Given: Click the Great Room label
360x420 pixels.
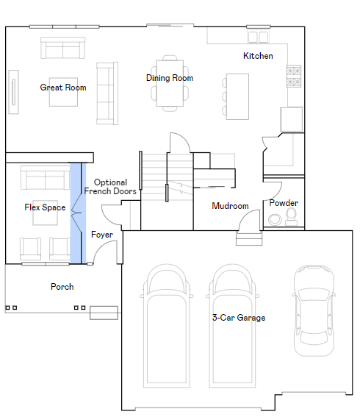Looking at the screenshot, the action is click(63, 88).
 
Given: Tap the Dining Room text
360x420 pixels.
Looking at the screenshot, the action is click(170, 78).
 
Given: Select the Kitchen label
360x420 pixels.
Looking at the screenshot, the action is click(258, 56).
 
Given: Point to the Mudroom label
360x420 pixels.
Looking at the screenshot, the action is click(230, 206).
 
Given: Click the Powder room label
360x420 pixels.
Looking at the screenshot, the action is click(284, 203).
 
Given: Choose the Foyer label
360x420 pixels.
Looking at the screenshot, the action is click(102, 235).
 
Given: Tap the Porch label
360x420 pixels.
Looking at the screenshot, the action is click(62, 287).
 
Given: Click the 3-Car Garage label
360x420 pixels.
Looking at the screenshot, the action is click(239, 318).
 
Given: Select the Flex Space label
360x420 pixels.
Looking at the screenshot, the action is click(45, 207).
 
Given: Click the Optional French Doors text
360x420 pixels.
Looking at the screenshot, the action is click(110, 187).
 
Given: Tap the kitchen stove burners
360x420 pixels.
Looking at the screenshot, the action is click(294, 76).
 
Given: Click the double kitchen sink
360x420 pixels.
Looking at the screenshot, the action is click(258, 37).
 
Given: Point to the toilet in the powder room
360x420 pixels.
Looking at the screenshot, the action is click(291, 217).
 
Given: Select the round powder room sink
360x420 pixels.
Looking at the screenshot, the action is click(275, 220).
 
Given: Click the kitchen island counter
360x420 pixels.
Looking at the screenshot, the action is click(237, 96).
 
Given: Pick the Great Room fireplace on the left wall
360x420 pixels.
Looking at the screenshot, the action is click(13, 92).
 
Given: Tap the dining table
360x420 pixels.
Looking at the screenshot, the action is click(170, 83).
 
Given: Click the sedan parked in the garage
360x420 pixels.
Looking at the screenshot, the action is click(314, 310).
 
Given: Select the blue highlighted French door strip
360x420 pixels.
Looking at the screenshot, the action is click(78, 213).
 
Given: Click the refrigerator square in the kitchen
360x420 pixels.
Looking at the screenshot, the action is click(291, 119).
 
